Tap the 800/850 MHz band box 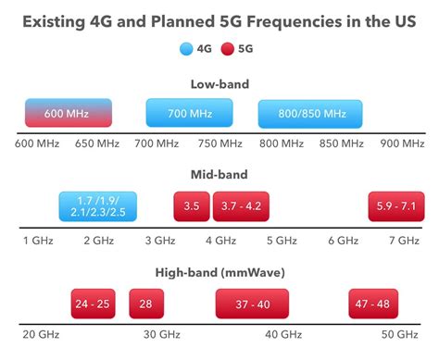coord(311,113)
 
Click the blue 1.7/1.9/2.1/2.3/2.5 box coord(97,206)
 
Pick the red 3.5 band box coord(192,206)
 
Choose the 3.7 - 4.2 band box coord(242,206)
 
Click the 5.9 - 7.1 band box coord(395,206)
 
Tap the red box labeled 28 coord(146,303)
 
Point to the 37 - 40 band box coord(254,303)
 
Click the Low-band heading coord(219,84)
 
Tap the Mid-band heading coord(219,175)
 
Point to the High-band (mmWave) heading coord(219,271)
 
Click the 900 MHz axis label coord(402,144)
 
